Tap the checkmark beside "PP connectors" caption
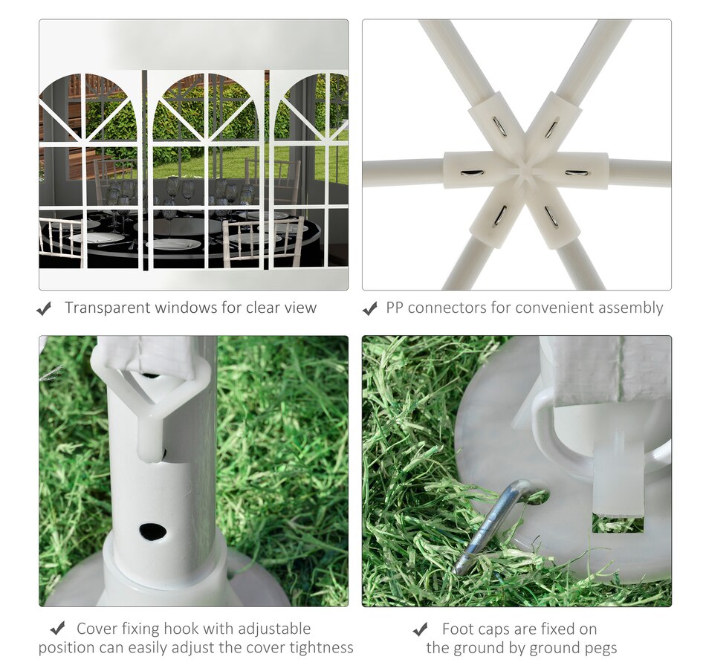(x=369, y=309)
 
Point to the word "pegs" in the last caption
(x=600, y=649)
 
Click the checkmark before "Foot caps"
(x=420, y=629)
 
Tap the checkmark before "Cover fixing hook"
(x=58, y=628)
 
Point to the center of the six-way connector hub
(x=525, y=170)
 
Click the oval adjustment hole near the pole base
(x=152, y=532)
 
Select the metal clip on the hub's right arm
(x=577, y=173)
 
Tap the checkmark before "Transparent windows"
(x=44, y=309)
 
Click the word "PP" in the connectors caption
(x=395, y=308)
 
